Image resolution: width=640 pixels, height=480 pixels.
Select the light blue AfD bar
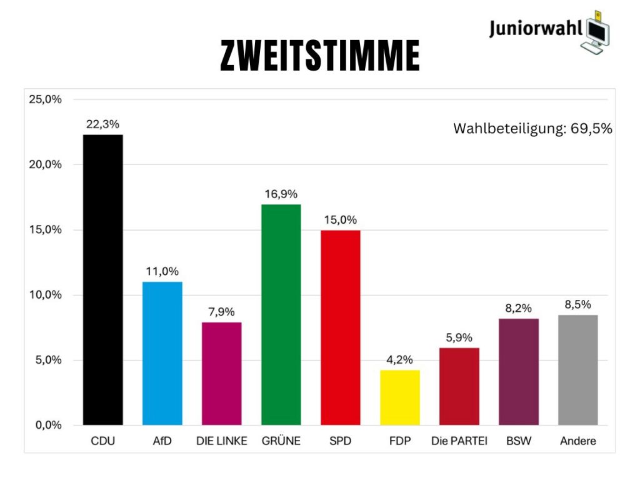(162, 353)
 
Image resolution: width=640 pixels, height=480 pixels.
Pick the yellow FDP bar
(400, 397)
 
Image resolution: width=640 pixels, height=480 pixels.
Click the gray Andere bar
(578, 370)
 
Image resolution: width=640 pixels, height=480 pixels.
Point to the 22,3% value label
(103, 124)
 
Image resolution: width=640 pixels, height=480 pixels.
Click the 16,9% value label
(281, 194)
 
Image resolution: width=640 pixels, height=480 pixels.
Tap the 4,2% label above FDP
(400, 360)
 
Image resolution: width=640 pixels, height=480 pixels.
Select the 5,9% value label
(459, 337)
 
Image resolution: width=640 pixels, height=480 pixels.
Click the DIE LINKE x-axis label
(222, 441)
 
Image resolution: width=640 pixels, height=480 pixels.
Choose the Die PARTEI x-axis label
(459, 441)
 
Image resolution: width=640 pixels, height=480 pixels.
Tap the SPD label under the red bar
(341, 441)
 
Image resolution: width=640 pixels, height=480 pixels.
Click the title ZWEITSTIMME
(319, 56)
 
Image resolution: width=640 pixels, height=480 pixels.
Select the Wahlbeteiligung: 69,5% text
(532, 129)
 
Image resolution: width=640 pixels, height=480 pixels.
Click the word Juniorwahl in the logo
(536, 29)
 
